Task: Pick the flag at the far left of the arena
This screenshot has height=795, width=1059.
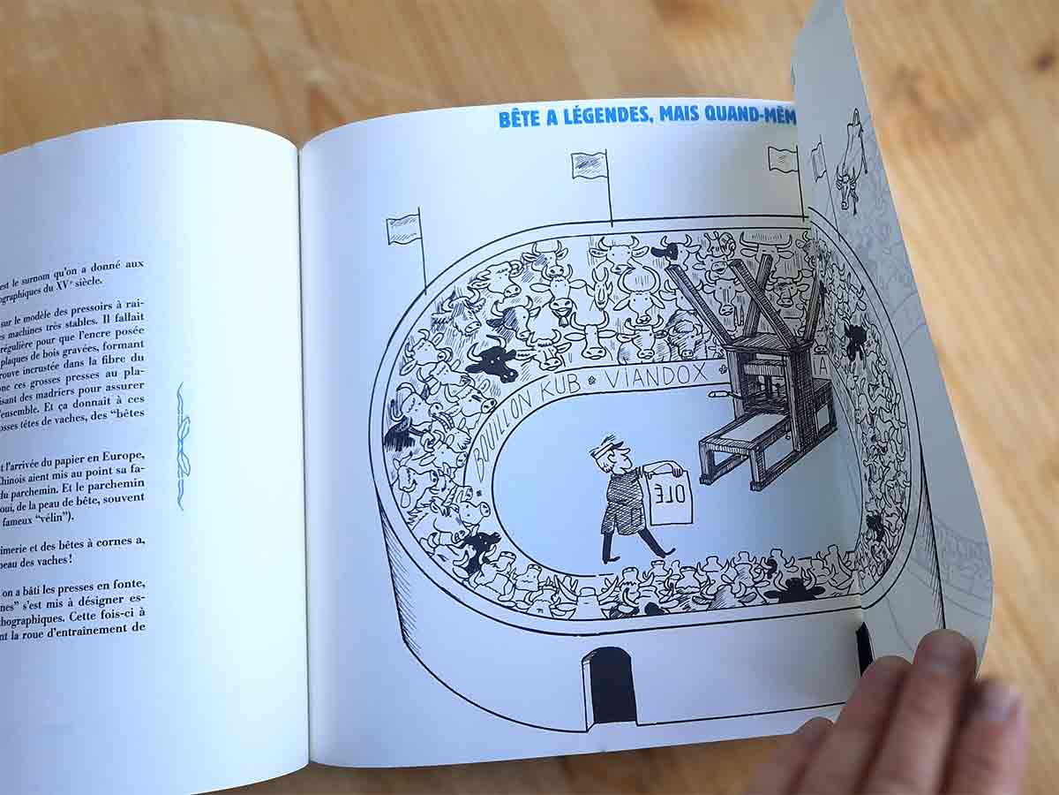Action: pos(402,229)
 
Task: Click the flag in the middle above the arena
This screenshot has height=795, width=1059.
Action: pos(590,165)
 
